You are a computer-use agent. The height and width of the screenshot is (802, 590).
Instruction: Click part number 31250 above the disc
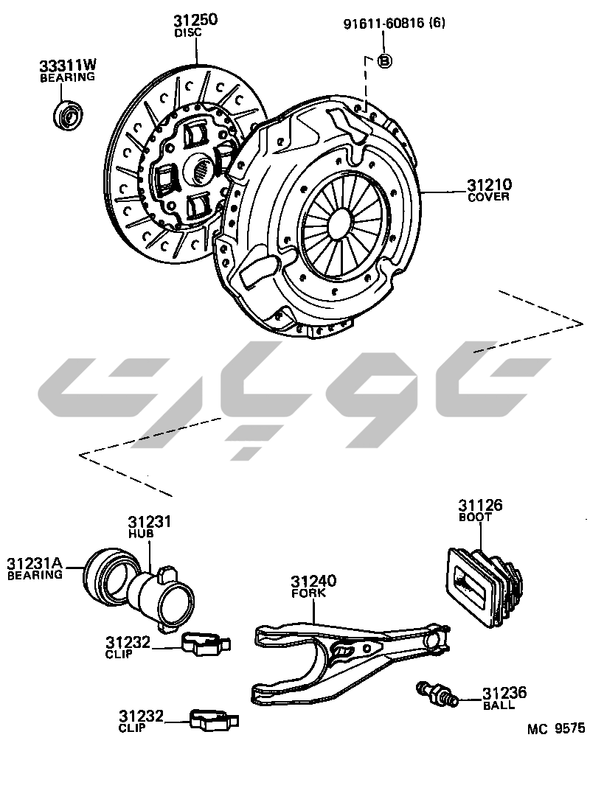[195, 21]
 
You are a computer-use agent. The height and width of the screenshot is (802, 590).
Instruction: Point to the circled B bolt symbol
[383, 61]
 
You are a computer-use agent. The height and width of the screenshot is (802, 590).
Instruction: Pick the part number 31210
[490, 185]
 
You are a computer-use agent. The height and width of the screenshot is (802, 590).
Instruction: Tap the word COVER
[488, 198]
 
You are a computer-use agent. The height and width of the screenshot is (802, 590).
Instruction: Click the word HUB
[139, 533]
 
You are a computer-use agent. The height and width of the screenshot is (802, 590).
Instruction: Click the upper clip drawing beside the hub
[204, 644]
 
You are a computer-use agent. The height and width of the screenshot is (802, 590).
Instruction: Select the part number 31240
[313, 581]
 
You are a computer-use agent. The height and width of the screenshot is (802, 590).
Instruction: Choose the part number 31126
[480, 505]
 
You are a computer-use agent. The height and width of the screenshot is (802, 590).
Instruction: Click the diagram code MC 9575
[555, 729]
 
